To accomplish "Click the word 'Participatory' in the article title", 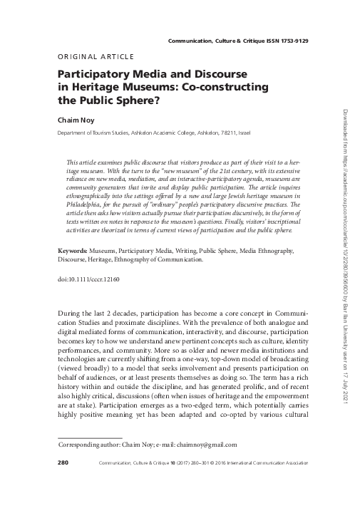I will pos(91,74).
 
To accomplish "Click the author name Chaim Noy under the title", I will pos(74,120).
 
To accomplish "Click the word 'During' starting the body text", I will pos(68,313).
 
